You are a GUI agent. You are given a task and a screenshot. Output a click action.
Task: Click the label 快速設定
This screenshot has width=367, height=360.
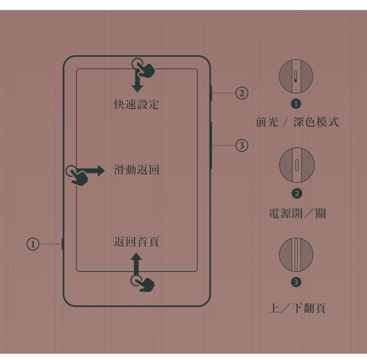tap(137, 104)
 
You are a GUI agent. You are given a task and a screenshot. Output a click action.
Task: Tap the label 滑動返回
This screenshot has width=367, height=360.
tap(137, 170)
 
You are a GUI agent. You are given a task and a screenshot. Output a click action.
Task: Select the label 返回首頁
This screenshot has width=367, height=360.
tap(137, 242)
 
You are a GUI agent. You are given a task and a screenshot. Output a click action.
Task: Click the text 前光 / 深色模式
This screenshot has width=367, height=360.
tap(297, 122)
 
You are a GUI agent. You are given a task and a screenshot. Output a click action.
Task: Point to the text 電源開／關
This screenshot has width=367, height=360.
tap(297, 213)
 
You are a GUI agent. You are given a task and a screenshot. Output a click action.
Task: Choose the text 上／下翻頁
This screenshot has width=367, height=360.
tap(297, 308)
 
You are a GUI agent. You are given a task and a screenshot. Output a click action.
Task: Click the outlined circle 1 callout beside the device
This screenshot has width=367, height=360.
tap(33, 244)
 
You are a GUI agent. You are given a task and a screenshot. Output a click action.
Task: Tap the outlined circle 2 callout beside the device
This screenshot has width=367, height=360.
tap(241, 93)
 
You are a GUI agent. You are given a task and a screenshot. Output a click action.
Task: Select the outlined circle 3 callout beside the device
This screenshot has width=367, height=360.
tap(241, 145)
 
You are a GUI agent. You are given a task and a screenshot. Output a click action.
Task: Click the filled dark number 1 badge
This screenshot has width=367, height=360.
tap(296, 104)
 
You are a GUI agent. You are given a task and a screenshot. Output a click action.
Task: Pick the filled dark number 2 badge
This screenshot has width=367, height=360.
tap(297, 194)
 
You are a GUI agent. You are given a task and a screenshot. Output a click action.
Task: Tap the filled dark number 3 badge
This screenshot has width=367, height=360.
tap(296, 282)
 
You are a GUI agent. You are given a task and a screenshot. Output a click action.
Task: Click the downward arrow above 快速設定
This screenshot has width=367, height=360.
tap(137, 81)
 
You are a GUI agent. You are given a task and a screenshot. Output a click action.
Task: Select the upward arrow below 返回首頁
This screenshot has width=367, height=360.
tap(136, 264)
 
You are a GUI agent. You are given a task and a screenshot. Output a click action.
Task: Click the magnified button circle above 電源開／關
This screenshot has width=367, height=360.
tap(297, 165)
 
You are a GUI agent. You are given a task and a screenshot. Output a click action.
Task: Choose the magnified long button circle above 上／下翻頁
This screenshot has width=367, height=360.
tap(296, 255)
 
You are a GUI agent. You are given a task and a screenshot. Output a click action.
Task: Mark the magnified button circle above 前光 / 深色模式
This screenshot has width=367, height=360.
tap(296, 76)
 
